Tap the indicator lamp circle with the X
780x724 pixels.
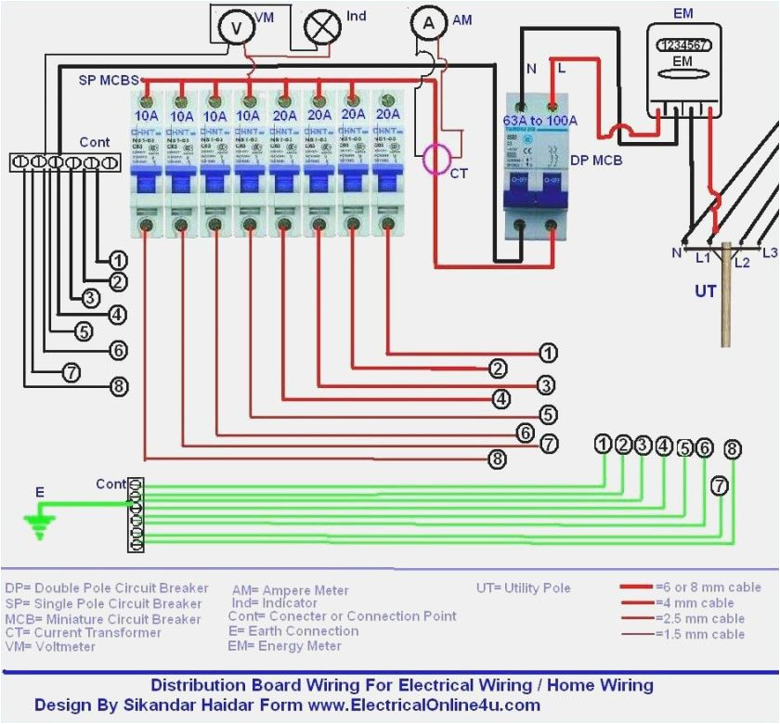pos(323,28)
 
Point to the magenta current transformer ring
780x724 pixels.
pos(439,159)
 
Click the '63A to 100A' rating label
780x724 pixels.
pos(539,121)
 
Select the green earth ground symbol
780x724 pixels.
pos(38,527)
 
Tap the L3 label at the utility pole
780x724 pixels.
pos(768,252)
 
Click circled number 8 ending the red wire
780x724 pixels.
pos(499,459)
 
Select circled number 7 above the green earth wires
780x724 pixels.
pos(720,485)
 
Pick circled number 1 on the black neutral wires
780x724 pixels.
pos(118,261)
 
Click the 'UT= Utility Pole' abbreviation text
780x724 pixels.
pos(523,588)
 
